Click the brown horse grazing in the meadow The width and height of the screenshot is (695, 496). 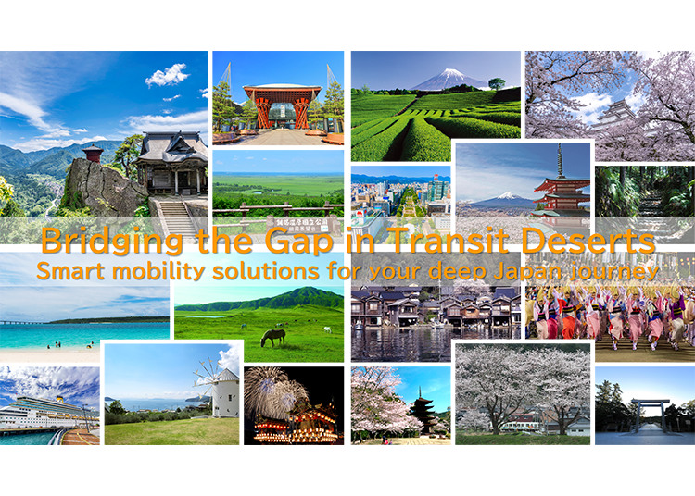click(273, 338)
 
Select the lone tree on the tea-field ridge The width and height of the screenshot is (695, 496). click(498, 84)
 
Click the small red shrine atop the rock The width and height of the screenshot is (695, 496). click(92, 154)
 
